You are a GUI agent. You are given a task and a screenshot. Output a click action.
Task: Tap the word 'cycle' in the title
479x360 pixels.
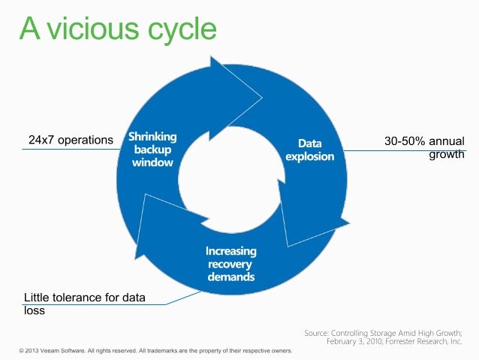(184, 30)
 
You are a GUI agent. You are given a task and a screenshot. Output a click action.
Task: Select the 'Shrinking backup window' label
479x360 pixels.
(152, 150)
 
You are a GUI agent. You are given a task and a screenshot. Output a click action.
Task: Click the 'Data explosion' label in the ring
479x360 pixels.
(310, 150)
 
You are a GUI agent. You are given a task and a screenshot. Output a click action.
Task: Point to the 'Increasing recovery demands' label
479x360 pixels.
(231, 264)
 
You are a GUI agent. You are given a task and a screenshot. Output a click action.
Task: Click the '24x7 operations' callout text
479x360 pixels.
(71, 140)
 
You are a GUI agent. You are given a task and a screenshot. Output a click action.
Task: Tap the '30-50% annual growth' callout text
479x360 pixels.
(424, 147)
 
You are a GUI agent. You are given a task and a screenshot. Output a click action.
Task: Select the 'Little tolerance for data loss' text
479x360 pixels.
(85, 304)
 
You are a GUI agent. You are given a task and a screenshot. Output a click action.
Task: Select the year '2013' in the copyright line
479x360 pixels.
(34, 351)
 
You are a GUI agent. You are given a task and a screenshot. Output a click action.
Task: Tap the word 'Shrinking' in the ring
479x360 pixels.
(152, 137)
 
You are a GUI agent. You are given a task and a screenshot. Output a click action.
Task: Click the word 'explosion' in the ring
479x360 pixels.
(310, 156)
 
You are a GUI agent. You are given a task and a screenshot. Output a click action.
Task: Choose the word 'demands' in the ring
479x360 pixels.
(231, 277)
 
